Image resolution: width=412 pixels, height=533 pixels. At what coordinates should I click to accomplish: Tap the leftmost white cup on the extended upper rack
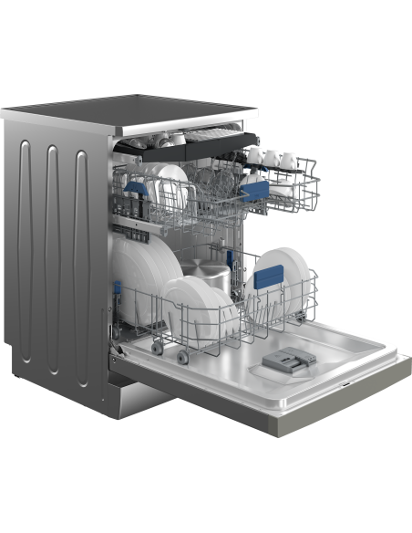(252, 158)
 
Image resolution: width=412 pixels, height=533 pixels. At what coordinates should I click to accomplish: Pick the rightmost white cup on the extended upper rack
(289, 160)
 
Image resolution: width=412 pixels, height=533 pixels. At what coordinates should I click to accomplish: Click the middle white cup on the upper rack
(270, 159)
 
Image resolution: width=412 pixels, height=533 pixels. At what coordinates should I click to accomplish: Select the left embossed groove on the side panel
(26, 242)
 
